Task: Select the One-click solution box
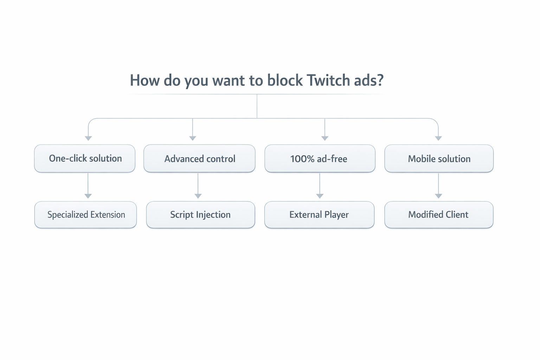pos(85,159)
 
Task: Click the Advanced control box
pos(199,159)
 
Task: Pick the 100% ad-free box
pos(320,159)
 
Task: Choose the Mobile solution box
pos(439,159)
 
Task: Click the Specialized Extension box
pos(85,215)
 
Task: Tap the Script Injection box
pos(200,215)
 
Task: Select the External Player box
pos(319,215)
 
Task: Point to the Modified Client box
pos(439,215)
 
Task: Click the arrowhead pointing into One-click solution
pos(89,138)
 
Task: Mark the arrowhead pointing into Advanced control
pos(193,138)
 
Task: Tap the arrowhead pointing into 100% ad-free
pos(325,138)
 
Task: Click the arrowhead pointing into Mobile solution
pos(438,138)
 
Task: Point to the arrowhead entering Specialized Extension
pos(88,196)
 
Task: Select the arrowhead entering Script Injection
pos(198,196)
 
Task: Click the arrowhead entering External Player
pos(320,196)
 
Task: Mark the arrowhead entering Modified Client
pos(438,196)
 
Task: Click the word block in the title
pos(285,80)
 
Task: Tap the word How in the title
pos(145,80)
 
